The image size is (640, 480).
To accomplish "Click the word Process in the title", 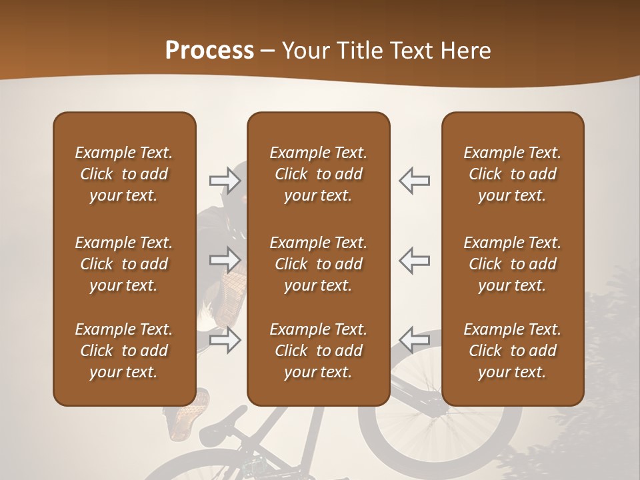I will point(209,51).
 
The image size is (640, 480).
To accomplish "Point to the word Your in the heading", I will point(307,51).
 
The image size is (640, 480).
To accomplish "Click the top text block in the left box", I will point(124,174).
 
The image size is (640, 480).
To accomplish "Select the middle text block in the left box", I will point(124,264).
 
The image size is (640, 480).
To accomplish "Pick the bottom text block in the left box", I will point(124,351).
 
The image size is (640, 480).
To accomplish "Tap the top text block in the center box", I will point(318,174).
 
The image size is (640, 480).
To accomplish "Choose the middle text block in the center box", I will point(318,264).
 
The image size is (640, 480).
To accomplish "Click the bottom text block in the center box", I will point(318,351).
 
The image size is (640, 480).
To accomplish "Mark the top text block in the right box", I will point(512,174).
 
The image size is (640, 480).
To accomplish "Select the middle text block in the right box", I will point(512,264).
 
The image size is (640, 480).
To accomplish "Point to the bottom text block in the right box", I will point(512,351).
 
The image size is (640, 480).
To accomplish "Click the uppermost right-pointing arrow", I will point(225,181).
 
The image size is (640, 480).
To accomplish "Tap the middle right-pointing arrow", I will point(225,259).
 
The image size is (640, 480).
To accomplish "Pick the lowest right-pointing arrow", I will point(225,341).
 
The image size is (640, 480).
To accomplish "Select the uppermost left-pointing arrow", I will point(414,181).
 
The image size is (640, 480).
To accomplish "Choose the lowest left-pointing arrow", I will point(414,339).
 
